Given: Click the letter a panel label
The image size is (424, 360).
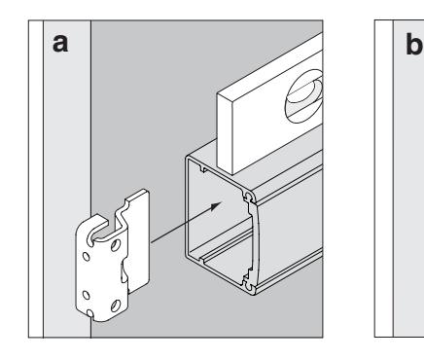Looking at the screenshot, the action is pos(60,44).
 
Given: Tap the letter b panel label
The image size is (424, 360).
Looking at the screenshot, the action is pos(414,45).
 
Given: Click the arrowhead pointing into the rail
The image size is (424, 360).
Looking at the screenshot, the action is pos(215,205).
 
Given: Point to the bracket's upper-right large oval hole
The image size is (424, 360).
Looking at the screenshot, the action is pos(116,245).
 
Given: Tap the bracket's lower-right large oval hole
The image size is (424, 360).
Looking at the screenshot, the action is pos(116,306).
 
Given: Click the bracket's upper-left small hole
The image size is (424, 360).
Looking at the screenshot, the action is pos(87,257).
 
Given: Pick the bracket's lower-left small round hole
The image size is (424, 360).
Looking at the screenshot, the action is pos(87,296).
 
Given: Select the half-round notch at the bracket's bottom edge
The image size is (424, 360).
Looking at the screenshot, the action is pos(89,313).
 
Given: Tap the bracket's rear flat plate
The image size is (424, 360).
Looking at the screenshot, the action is pos(138,240).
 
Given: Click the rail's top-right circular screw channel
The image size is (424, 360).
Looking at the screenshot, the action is pos(249,196).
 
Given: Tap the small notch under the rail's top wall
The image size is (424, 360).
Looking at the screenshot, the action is pos(203,168).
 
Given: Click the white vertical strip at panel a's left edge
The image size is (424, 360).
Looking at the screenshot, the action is pos(36,179).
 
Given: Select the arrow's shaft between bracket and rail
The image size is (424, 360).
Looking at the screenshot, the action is pos(182,225).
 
